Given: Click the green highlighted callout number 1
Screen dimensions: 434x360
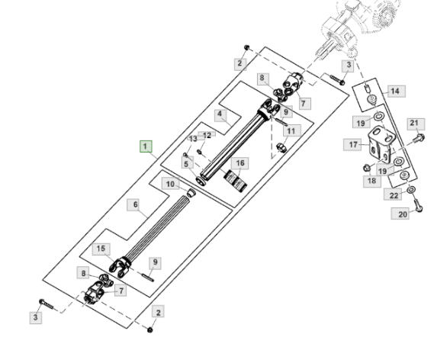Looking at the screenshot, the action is tap(146, 146).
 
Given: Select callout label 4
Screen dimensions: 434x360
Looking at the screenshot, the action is tap(220, 114).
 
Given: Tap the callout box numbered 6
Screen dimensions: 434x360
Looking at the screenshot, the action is tap(135, 204).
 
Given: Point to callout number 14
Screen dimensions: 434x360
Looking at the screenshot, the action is tap(395, 91).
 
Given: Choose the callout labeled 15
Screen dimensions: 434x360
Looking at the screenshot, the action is tap(101, 249).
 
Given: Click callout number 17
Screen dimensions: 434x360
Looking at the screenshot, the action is tap(353, 145).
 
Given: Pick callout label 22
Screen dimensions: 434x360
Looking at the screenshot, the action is tap(394, 195).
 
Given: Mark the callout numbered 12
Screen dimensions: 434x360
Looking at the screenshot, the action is tap(207, 135).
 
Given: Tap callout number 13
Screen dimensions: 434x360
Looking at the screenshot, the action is tap(193, 139).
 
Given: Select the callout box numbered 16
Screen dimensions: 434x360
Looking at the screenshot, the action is tap(240, 163).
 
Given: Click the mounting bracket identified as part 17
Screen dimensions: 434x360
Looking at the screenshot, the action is tap(380, 144).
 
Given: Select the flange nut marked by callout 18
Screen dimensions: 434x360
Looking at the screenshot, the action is tap(367, 167).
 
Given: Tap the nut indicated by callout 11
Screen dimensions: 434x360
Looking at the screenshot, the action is tap(281, 146).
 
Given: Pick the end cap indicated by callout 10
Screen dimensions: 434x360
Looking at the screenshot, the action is tap(191, 193).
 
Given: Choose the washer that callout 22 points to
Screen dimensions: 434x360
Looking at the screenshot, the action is tap(411, 190).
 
